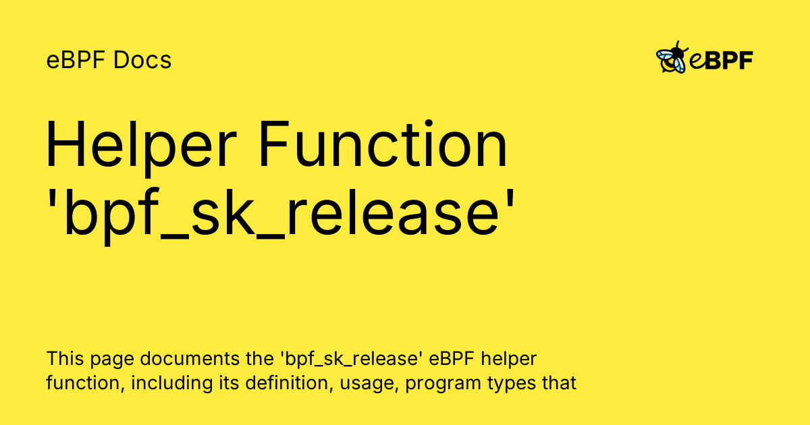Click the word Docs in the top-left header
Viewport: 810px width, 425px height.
(x=142, y=60)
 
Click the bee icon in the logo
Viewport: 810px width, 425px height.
(x=672, y=57)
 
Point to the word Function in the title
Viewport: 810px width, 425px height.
(x=383, y=144)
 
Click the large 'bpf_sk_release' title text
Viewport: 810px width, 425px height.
(x=281, y=215)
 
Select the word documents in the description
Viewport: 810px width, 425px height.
(x=190, y=358)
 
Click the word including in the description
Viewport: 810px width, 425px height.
(x=171, y=384)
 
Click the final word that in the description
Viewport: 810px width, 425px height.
(x=559, y=382)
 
